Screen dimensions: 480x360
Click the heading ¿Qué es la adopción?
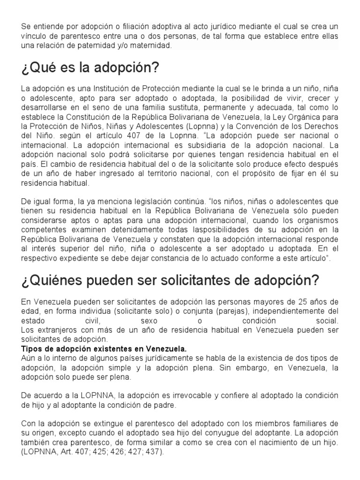[x=90, y=68]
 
